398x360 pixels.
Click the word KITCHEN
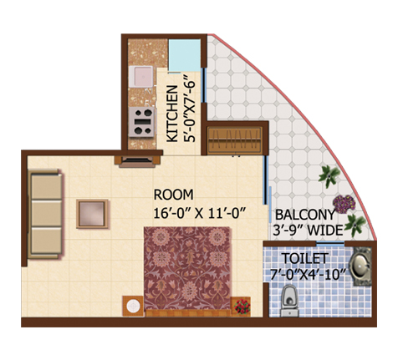click(x=172, y=114)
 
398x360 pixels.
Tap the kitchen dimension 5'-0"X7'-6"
click(x=189, y=108)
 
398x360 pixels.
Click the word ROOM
click(x=173, y=195)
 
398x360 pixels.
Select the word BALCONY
click(x=305, y=215)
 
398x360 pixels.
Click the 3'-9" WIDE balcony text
click(x=308, y=231)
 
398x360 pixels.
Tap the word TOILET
click(x=305, y=258)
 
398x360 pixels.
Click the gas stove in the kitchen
click(x=141, y=122)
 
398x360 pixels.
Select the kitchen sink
click(x=140, y=76)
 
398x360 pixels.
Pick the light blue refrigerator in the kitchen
click(x=184, y=56)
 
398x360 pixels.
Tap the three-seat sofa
click(x=45, y=214)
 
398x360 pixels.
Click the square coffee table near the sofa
click(x=92, y=214)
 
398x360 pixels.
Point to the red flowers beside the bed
click(x=242, y=307)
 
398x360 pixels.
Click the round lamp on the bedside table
click(x=133, y=306)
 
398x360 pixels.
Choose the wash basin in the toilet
click(x=360, y=266)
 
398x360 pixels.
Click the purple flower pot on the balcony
click(x=344, y=204)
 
